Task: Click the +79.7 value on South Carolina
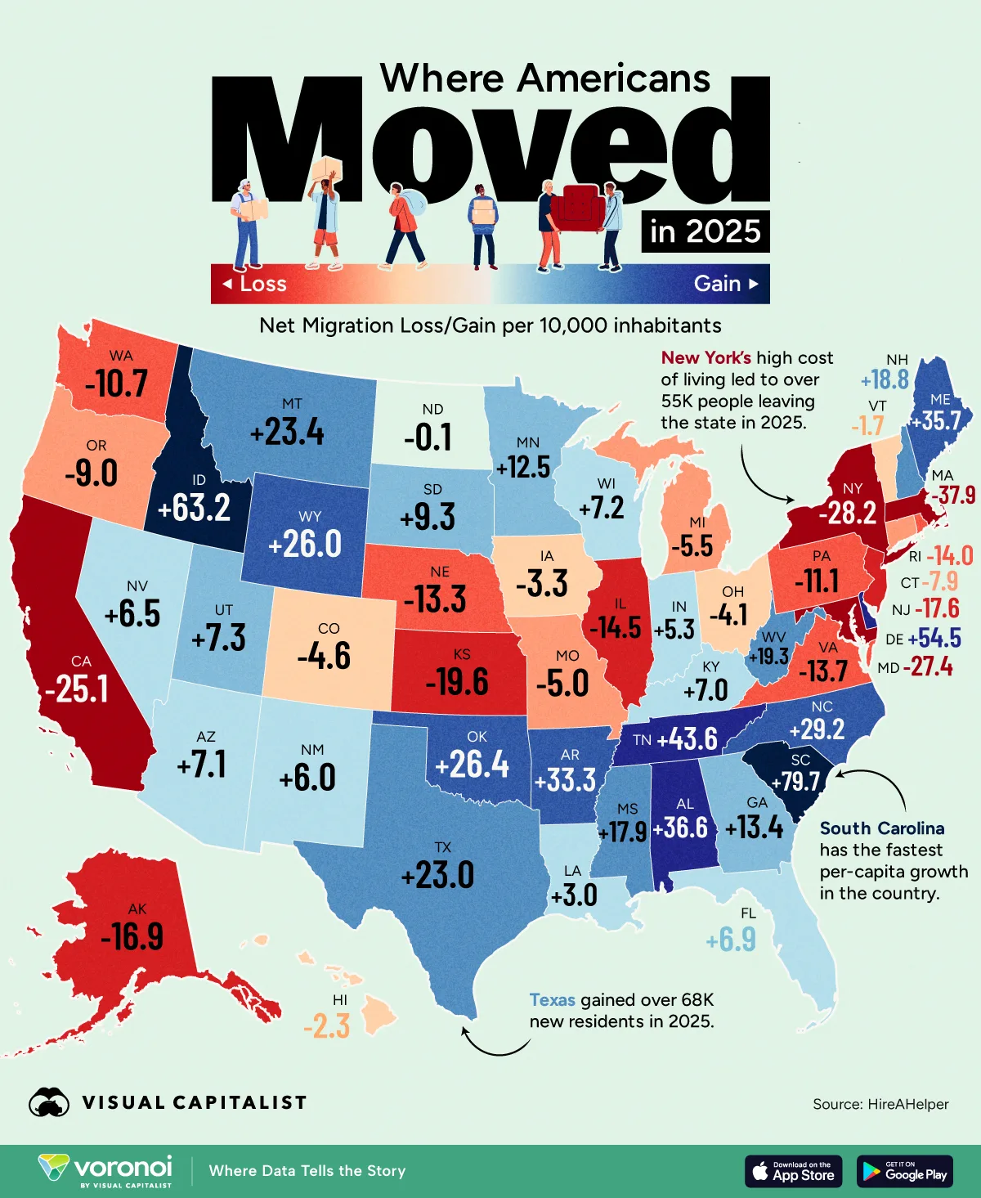point(800,781)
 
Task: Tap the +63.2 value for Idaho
point(194,508)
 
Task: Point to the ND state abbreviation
point(432,409)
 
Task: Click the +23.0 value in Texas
point(437,875)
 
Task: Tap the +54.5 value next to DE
point(934,638)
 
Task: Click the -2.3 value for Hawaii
point(326,1025)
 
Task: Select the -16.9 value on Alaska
point(132,936)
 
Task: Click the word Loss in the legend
point(262,284)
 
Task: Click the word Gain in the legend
point(717,284)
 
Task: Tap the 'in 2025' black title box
point(706,231)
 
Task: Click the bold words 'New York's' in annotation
point(706,357)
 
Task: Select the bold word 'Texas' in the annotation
point(552,999)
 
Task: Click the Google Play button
point(904,1171)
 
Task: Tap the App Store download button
point(794,1171)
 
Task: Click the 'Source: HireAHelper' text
point(880,1104)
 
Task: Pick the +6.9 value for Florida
point(731,940)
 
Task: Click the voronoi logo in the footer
point(106,1170)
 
